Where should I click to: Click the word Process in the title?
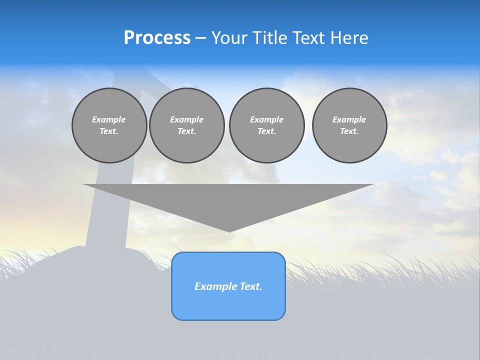pyautogui.click(x=157, y=38)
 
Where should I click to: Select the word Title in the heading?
pyautogui.click(x=272, y=38)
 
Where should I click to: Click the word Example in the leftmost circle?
pyautogui.click(x=109, y=119)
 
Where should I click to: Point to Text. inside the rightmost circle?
pyautogui.click(x=349, y=131)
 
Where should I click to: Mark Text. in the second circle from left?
pyautogui.click(x=186, y=131)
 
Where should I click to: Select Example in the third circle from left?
pyautogui.click(x=266, y=119)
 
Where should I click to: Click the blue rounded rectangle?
pyautogui.click(x=228, y=305)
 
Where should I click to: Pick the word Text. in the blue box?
pyautogui.click(x=251, y=286)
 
